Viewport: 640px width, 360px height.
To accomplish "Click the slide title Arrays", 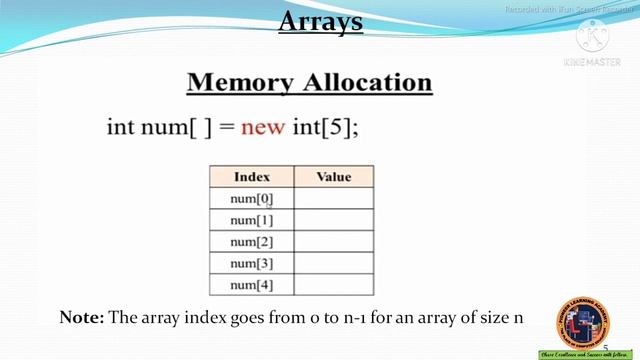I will click(x=319, y=21).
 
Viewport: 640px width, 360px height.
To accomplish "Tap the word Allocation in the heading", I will click(x=369, y=82).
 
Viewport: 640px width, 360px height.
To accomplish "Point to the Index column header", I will click(x=252, y=177).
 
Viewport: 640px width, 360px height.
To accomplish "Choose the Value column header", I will click(x=334, y=177).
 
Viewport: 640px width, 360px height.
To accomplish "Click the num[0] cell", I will click(x=251, y=199).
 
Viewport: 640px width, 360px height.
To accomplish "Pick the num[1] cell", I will click(x=251, y=220).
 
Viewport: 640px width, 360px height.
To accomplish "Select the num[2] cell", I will click(x=251, y=242).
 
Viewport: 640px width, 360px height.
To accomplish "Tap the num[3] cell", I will click(x=251, y=264).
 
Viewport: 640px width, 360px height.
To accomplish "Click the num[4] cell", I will click(x=251, y=286).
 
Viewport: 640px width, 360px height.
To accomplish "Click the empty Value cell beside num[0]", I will click(x=334, y=199).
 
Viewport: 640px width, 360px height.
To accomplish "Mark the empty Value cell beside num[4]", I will click(x=334, y=286).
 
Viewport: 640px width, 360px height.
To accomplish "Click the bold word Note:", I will click(x=82, y=317).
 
